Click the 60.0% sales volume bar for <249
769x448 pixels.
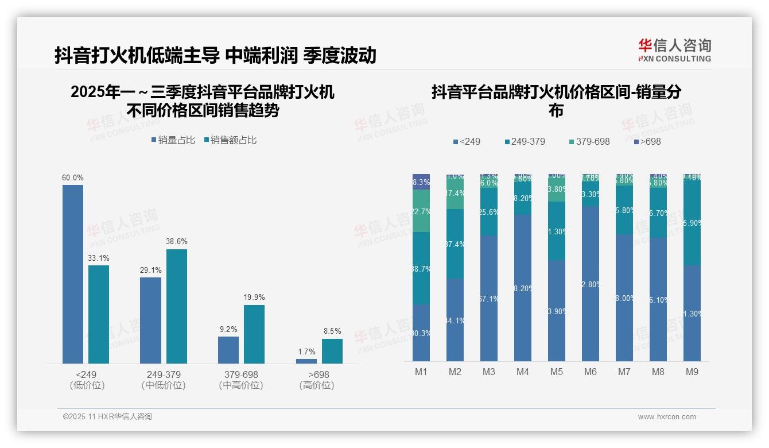[x=73, y=274]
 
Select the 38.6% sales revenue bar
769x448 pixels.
[x=177, y=306]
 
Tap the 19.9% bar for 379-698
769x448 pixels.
[x=254, y=334]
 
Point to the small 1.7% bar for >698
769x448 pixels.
[x=306, y=361]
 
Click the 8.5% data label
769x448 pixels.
[x=332, y=331]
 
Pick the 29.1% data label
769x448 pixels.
[x=150, y=270]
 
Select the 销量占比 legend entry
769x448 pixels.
[x=173, y=140]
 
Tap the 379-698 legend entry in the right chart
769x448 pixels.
[x=589, y=141]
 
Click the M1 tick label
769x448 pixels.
[x=421, y=372]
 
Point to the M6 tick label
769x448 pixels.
[x=591, y=372]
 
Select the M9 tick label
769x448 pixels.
[x=692, y=372]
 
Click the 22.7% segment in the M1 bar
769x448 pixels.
[x=421, y=211]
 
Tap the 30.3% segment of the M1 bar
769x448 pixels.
[x=421, y=333]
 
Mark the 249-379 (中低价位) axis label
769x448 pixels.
[x=163, y=380]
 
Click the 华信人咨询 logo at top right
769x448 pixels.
[x=674, y=50]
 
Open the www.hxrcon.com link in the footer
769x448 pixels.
[x=667, y=417]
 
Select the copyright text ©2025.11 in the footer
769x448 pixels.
[x=107, y=417]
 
